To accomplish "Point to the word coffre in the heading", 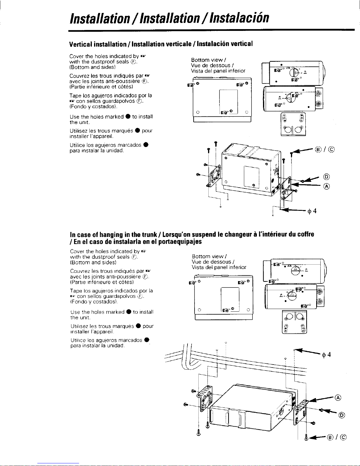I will pyautogui.click(x=306, y=234).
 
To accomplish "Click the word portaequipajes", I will pyautogui.click(x=180, y=242).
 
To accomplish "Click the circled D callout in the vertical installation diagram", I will pyautogui.click(x=326, y=177).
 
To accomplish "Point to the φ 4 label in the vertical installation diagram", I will pyautogui.click(x=312, y=211).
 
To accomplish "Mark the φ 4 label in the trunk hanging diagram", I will pyautogui.click(x=326, y=355).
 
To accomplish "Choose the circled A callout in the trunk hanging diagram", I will pyautogui.click(x=338, y=398).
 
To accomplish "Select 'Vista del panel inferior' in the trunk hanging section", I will pyautogui.click(x=219, y=267).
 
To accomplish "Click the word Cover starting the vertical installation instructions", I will pyautogui.click(x=75, y=56).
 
